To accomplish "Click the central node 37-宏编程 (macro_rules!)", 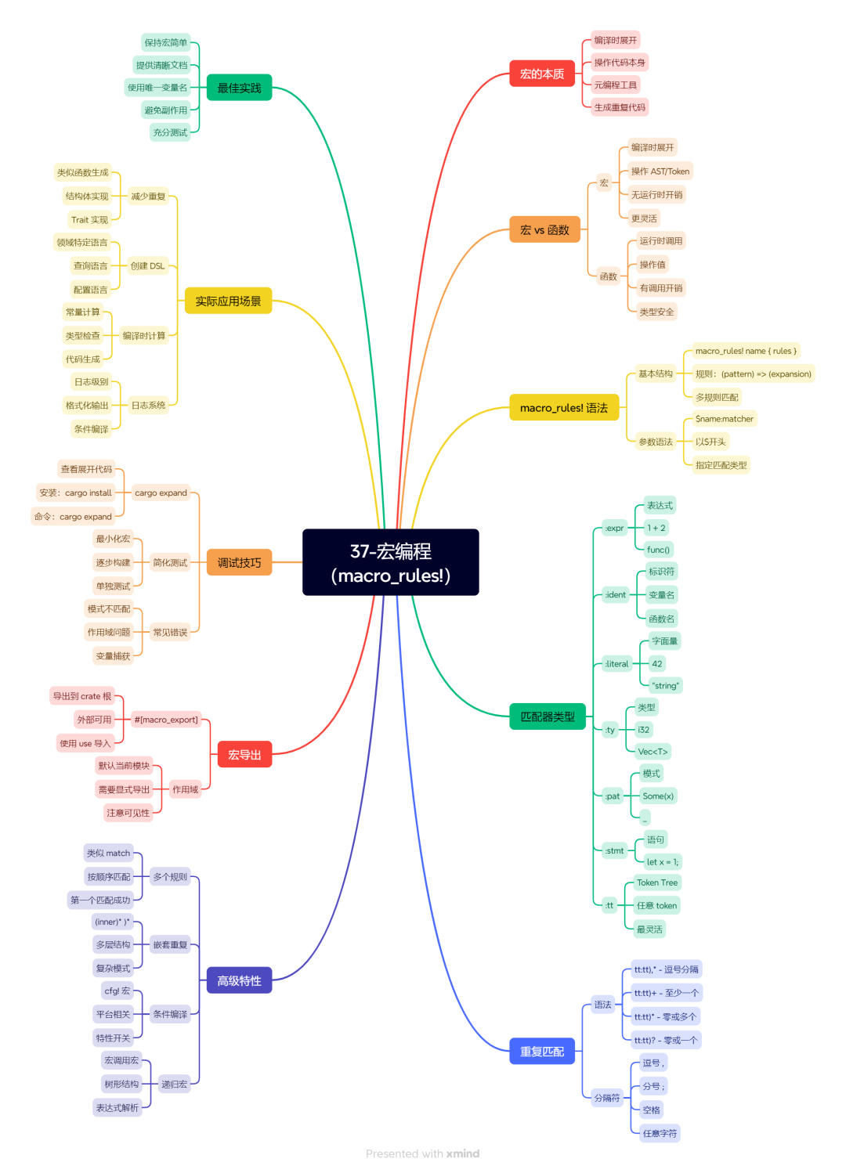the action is tap(390, 562).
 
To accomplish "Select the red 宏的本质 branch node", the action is tap(541, 74).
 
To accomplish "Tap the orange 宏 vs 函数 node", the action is tap(544, 229).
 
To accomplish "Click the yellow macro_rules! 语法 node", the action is tap(564, 407).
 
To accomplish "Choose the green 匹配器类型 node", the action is tap(547, 716).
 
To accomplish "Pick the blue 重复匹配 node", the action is tap(541, 1051).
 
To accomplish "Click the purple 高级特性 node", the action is tap(239, 980).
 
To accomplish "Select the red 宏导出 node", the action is tap(244, 754).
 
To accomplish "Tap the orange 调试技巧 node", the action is tap(239, 562).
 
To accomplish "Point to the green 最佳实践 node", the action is tap(239, 88).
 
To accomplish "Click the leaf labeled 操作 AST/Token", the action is tap(660, 171).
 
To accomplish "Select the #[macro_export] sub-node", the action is tap(166, 720).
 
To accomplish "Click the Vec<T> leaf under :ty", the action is tap(653, 752).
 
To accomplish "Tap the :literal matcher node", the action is tap(616, 664).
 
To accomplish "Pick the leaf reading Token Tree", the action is tap(657, 882).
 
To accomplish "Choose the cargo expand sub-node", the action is tap(161, 493).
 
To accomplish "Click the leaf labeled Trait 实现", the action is tap(89, 220).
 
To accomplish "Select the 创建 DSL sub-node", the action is tap(147, 266).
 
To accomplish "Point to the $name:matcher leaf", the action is tap(724, 418).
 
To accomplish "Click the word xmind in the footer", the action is tap(462, 1153).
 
